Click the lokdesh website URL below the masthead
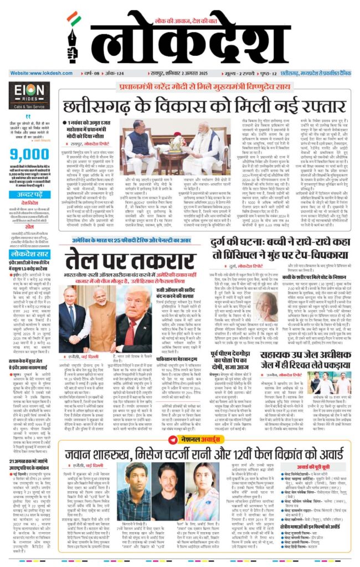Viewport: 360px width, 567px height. point(42,73)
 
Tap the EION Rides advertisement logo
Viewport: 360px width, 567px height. point(29,94)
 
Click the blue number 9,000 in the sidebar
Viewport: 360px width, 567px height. point(28,153)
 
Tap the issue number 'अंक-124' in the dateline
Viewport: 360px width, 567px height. point(117,73)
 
